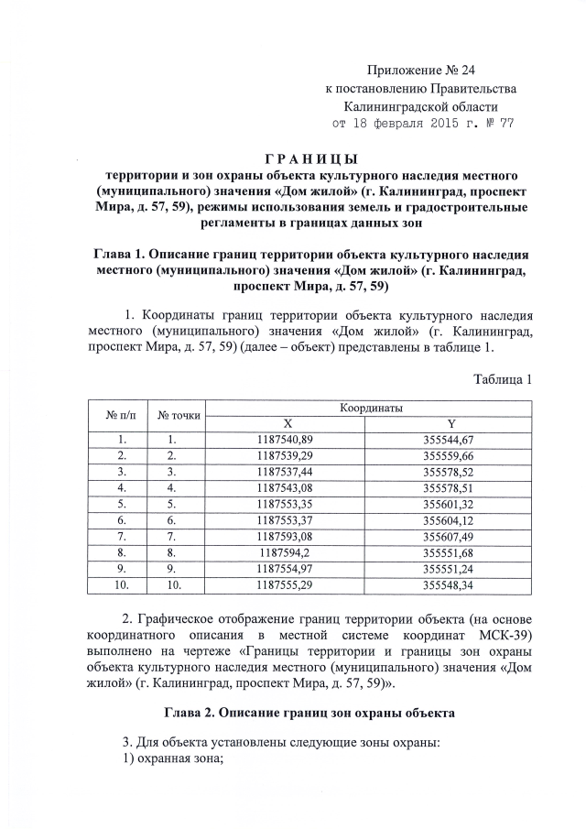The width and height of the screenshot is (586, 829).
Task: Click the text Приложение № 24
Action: coord(421,71)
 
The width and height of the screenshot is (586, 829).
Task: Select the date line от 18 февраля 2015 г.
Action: coord(422,124)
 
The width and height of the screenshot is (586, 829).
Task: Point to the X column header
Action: coord(287,423)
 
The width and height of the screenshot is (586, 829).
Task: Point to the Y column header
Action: coord(451,423)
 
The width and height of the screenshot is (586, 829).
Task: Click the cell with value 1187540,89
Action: coord(287,440)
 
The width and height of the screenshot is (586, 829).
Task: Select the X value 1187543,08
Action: coord(287,488)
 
